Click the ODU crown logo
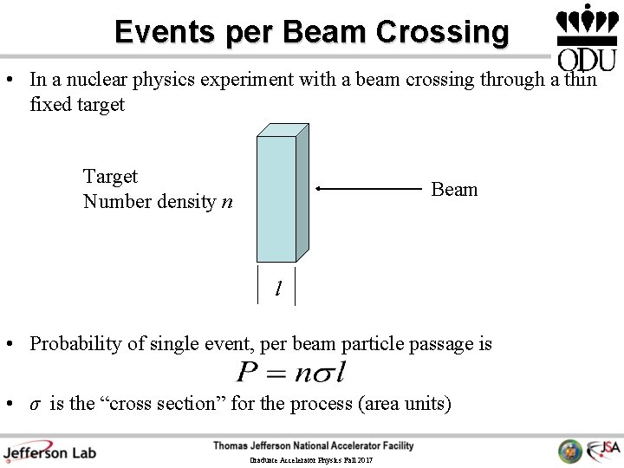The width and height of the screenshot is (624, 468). click(587, 36)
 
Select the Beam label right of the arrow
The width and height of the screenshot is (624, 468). click(454, 190)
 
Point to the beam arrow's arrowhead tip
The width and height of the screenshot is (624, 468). click(317, 188)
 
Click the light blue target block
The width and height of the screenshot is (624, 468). click(276, 197)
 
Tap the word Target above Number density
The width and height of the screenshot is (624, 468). click(110, 177)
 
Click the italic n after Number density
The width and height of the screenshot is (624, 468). click(227, 202)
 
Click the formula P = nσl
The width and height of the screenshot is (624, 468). click(291, 374)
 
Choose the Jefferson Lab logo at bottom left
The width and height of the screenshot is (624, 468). click(49, 452)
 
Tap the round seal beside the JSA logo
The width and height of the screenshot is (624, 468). click(570, 451)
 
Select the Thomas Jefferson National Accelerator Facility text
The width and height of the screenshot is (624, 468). click(314, 445)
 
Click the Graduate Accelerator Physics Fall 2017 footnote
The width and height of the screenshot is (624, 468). click(311, 460)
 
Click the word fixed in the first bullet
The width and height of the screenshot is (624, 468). click(48, 105)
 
